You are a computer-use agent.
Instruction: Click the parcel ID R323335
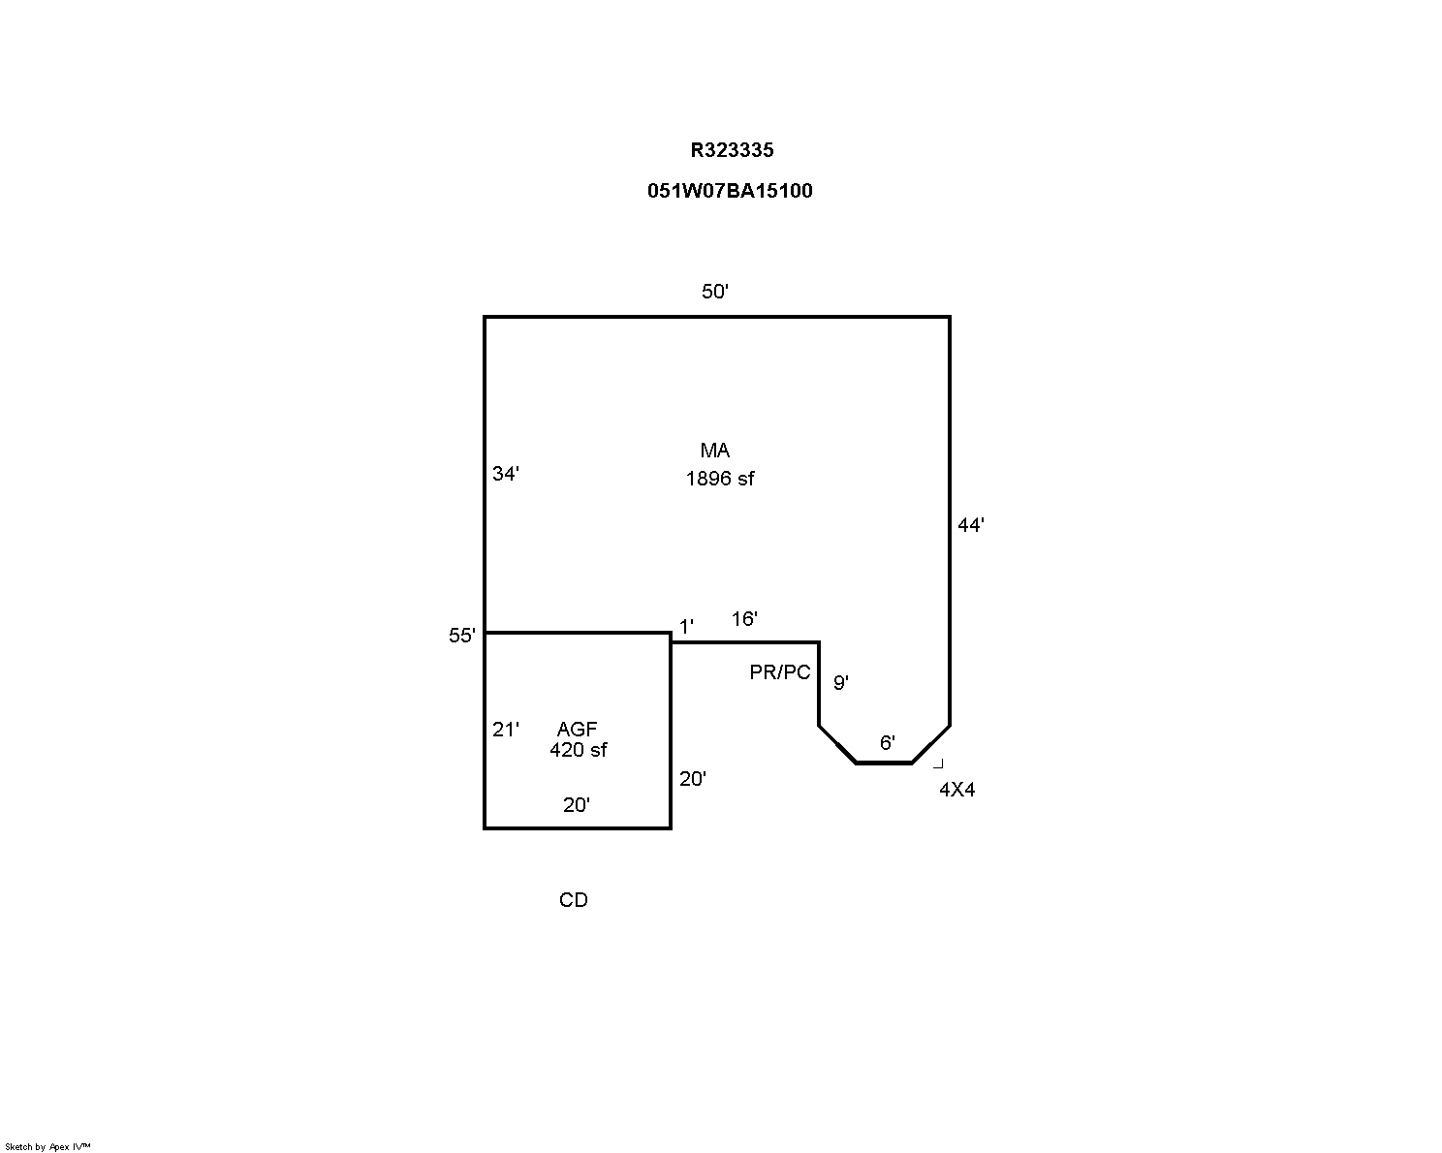(x=732, y=150)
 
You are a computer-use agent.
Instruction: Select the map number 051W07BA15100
(x=730, y=191)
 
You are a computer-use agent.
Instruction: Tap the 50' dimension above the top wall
(x=715, y=292)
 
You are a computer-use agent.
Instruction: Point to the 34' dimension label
(x=505, y=474)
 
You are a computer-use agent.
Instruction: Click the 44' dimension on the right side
(x=971, y=525)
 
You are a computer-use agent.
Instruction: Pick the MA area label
(x=715, y=451)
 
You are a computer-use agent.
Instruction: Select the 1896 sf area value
(x=720, y=479)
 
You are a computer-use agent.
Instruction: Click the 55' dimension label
(x=461, y=636)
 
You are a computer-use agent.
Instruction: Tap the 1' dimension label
(x=686, y=627)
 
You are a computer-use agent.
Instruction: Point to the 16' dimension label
(x=744, y=619)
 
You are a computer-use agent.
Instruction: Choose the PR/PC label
(x=780, y=672)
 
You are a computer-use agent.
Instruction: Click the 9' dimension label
(x=841, y=683)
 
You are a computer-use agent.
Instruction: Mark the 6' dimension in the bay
(x=887, y=743)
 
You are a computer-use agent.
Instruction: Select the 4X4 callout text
(x=956, y=790)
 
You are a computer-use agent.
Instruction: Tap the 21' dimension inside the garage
(x=505, y=730)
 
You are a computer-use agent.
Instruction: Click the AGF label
(x=577, y=729)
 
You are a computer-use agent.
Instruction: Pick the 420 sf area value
(x=579, y=750)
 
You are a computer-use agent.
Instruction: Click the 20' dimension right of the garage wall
(x=692, y=778)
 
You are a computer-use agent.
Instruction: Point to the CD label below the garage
(x=574, y=900)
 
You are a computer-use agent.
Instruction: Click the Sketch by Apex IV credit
(x=47, y=1147)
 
